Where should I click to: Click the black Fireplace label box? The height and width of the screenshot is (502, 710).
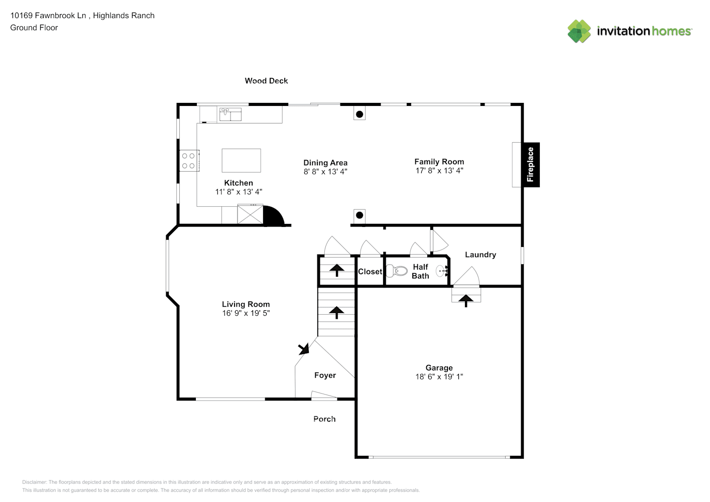[x=530, y=165]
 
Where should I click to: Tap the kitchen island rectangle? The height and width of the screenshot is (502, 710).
[x=241, y=161]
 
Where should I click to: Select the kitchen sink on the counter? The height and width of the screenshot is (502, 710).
[x=230, y=114]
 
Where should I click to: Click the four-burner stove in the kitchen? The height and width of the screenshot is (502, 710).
[x=189, y=161]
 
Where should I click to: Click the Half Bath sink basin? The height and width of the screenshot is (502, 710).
[x=441, y=272]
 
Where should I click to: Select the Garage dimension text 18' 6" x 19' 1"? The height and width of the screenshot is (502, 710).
[x=439, y=376]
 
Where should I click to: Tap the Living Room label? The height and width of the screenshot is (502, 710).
[x=246, y=304]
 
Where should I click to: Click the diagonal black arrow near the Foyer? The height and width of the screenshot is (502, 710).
[x=303, y=349]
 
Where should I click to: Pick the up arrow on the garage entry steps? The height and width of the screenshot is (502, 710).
[x=466, y=300]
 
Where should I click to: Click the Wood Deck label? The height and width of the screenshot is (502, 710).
[x=266, y=81]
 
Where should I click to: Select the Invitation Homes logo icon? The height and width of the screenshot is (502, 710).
[x=579, y=31]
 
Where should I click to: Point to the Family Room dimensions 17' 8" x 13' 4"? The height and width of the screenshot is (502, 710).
[x=439, y=171]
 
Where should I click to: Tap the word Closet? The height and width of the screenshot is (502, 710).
[x=370, y=272]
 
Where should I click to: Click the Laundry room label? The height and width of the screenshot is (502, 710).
[x=480, y=255]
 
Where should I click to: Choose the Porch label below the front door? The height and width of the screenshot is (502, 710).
[x=324, y=419]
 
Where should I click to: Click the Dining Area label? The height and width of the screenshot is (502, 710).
[x=325, y=163]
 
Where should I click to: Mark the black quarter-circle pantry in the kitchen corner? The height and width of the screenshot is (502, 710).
[x=272, y=216]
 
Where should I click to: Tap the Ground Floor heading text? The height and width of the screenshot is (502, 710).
[x=34, y=28]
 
